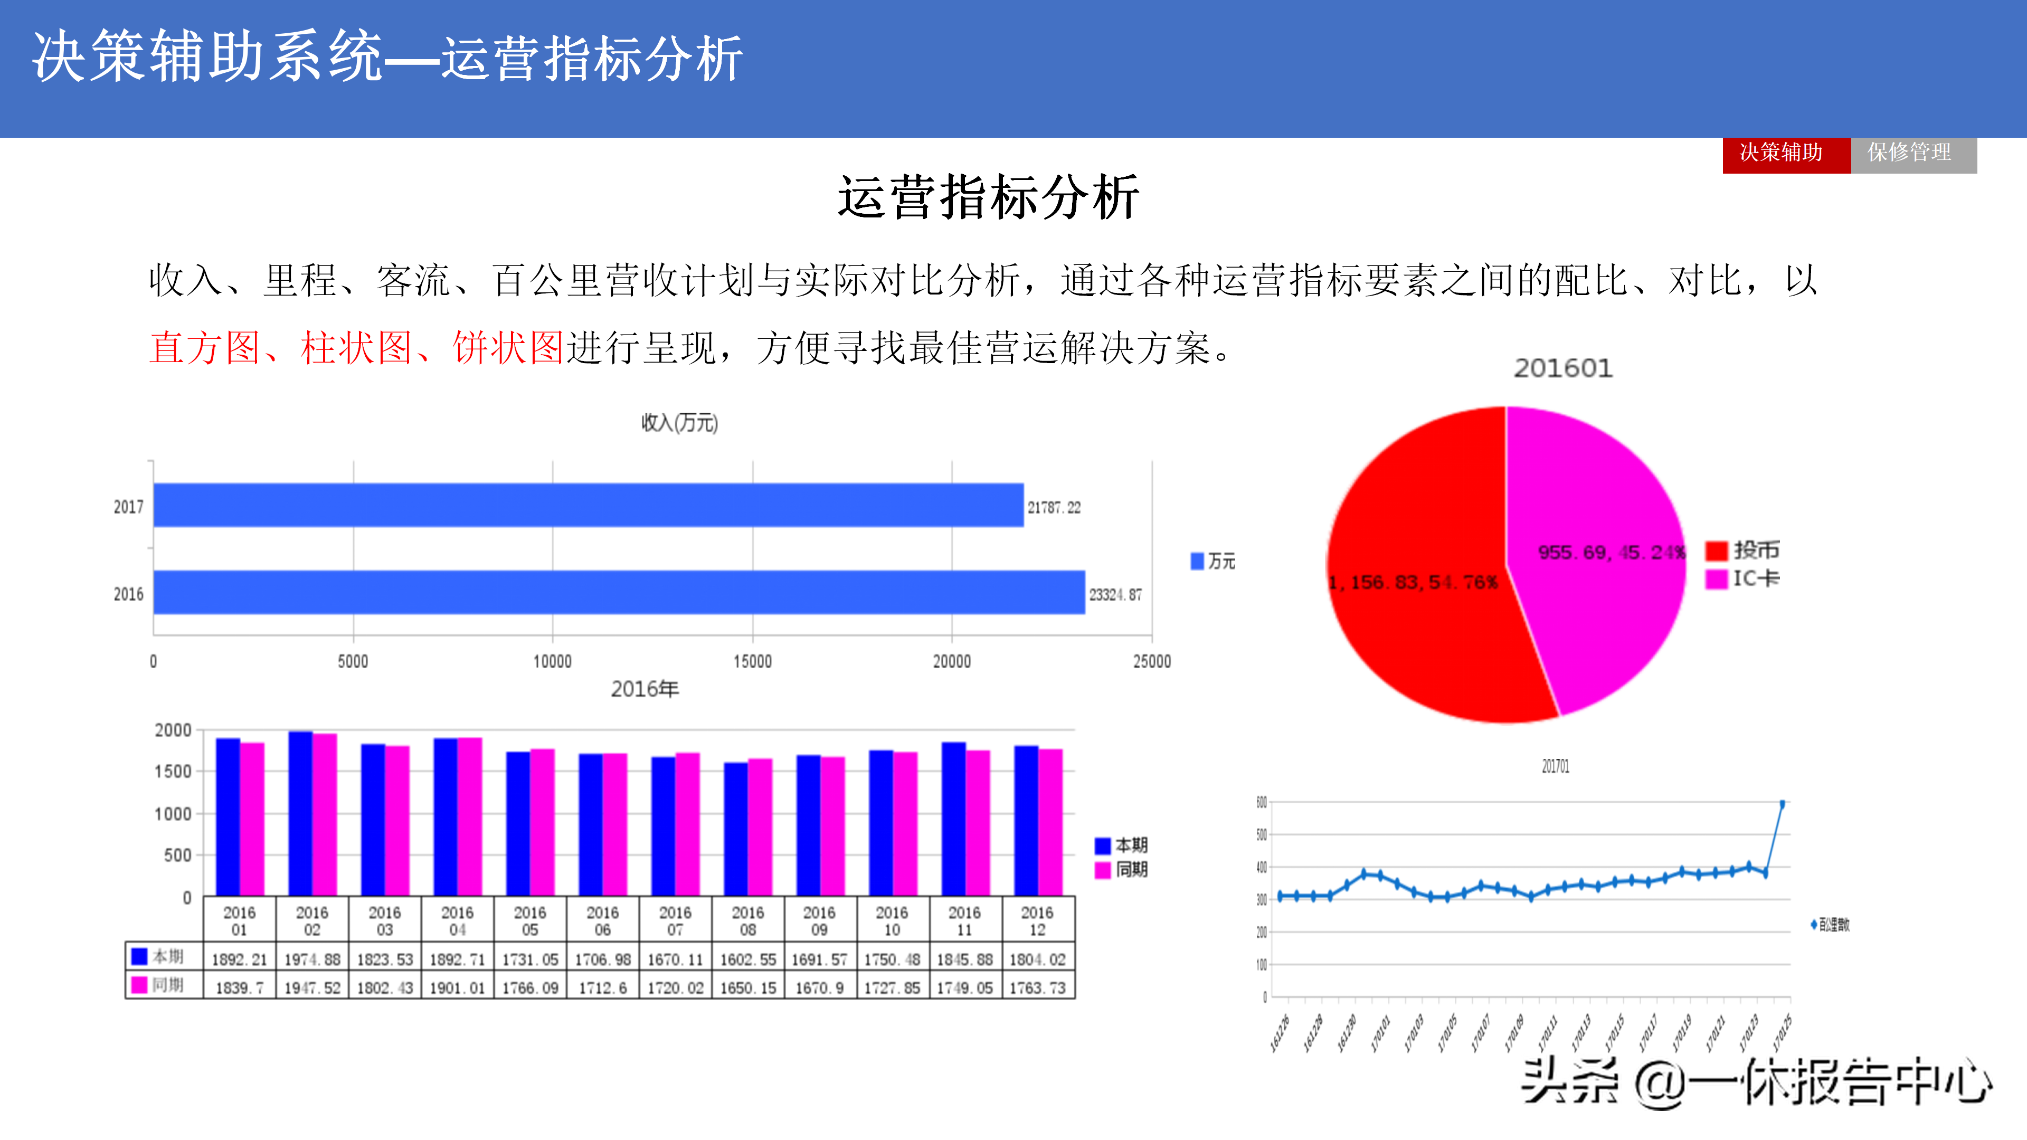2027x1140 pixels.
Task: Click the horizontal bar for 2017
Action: tap(588, 505)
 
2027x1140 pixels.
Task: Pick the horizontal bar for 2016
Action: tap(619, 592)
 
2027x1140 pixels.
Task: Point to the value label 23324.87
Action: tap(1115, 595)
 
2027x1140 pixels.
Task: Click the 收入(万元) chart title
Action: tap(679, 423)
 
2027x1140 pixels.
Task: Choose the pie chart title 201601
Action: tap(1562, 368)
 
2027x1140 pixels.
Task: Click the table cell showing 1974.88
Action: tap(312, 959)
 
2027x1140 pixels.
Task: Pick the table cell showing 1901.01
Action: tap(457, 987)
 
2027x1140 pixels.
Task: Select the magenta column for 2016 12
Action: tap(1050, 822)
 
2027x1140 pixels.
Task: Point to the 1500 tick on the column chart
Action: tap(173, 772)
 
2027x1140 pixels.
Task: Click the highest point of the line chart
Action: tap(1782, 804)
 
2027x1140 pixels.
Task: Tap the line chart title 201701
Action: tap(1555, 766)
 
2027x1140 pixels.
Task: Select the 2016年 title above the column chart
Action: tap(645, 689)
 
